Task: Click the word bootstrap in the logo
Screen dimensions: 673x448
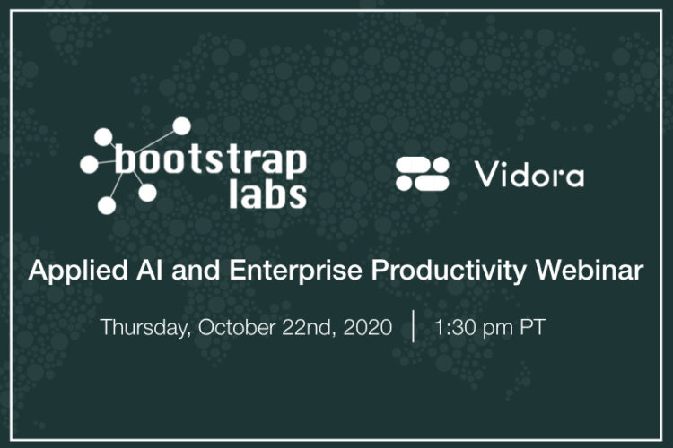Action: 211,161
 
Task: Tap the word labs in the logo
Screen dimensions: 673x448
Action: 267,194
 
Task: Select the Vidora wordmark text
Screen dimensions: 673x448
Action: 529,175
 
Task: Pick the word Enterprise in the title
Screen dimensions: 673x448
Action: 296,271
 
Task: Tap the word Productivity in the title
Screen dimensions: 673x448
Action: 449,271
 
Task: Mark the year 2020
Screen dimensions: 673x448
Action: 368,328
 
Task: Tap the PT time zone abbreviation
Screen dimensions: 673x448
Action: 533,328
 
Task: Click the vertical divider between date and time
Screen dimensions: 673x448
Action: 414,326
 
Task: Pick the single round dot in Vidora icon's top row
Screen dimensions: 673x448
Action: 441,164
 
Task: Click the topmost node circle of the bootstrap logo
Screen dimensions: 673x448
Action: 181,126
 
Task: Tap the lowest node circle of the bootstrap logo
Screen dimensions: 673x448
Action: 107,205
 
